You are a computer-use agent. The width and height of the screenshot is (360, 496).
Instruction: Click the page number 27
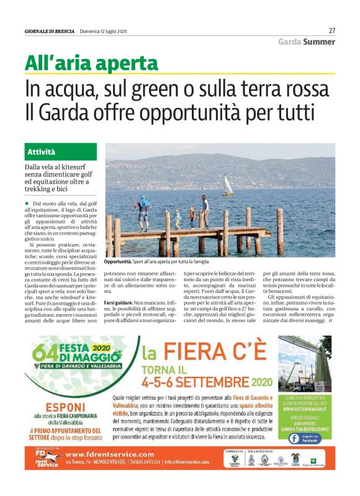click(331, 30)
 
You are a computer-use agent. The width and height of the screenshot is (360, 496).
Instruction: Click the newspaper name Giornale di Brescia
click(49, 31)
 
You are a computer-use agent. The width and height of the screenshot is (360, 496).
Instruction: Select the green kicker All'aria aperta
click(91, 63)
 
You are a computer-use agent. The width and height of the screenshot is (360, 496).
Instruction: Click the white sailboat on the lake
click(228, 185)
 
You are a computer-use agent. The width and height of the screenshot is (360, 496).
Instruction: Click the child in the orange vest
click(192, 216)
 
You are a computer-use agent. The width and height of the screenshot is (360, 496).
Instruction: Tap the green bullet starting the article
click(27, 204)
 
